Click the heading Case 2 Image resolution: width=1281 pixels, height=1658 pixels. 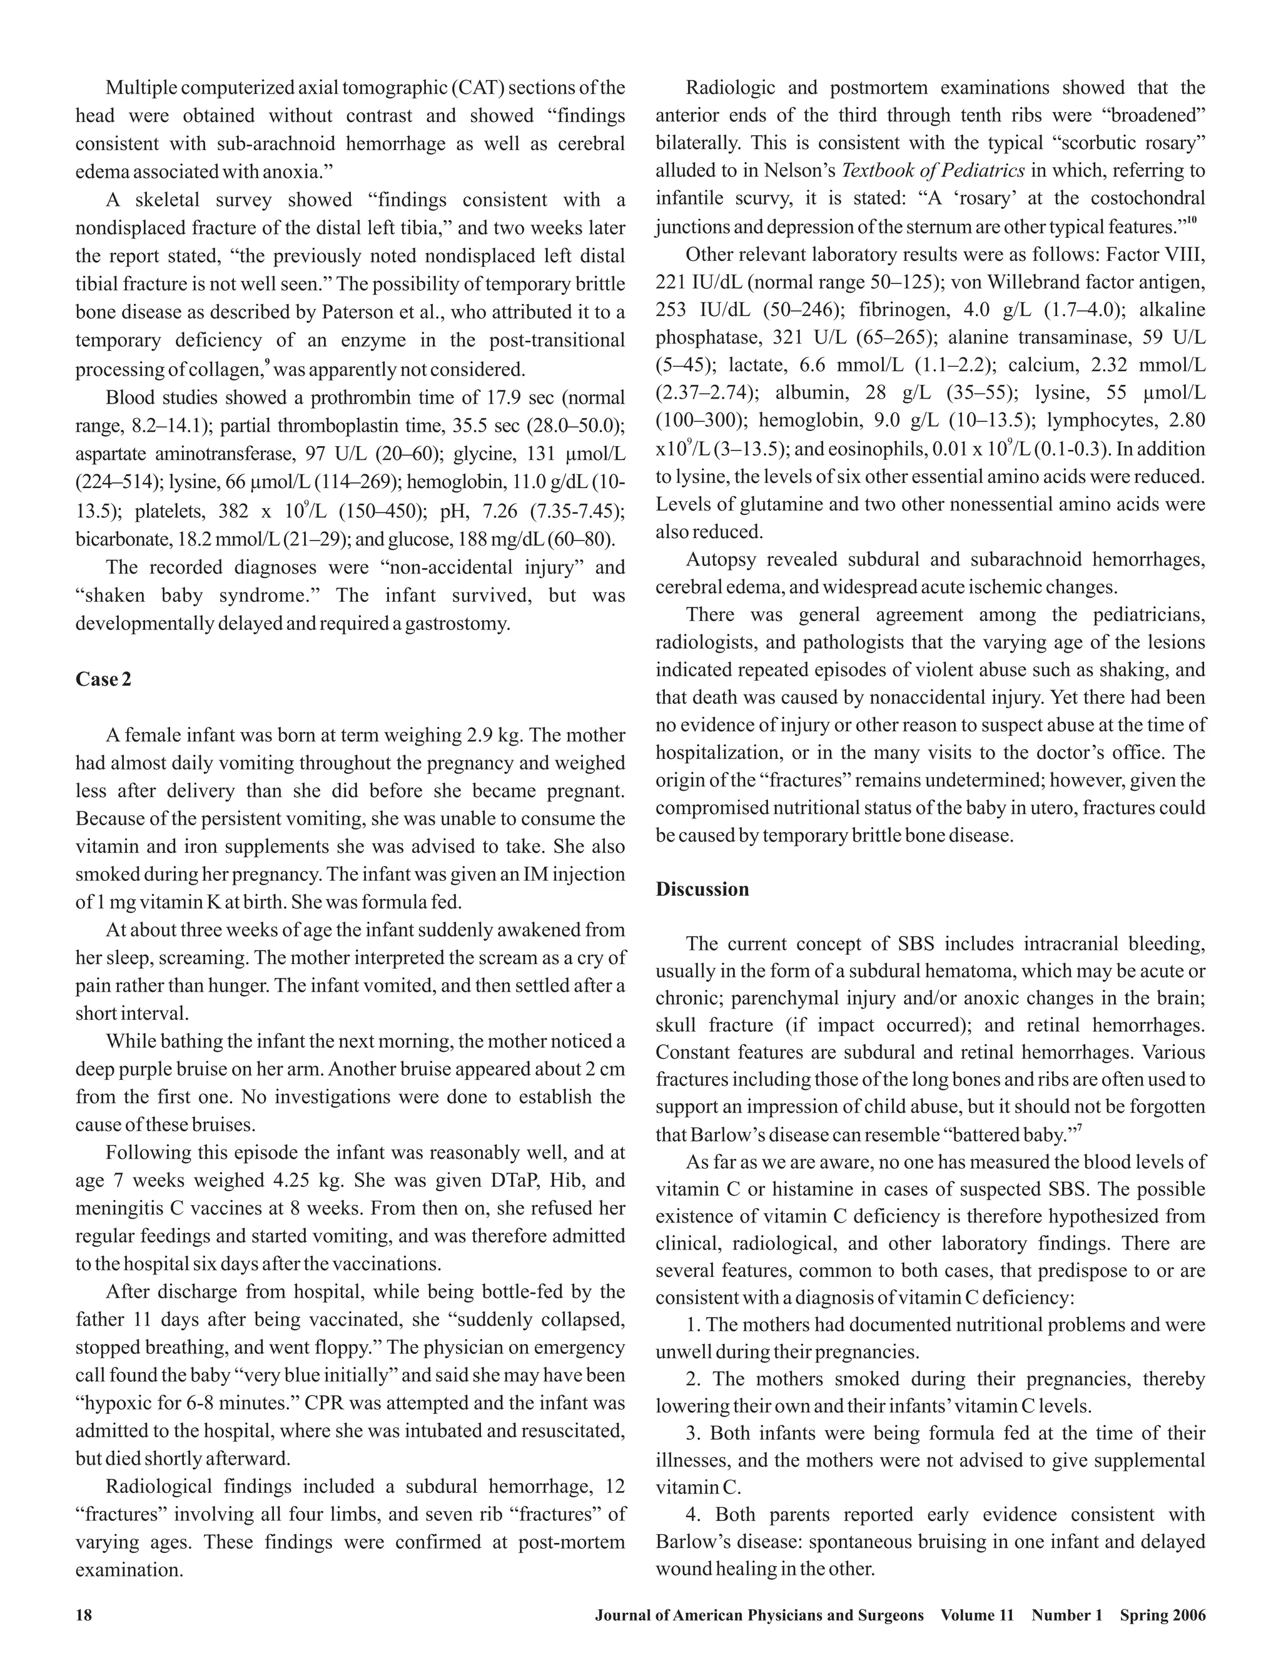tap(103, 679)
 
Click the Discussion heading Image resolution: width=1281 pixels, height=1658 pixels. tap(702, 889)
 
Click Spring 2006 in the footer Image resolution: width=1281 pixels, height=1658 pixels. tap(1163, 1615)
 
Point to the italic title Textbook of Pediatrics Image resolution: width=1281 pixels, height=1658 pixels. tap(933, 170)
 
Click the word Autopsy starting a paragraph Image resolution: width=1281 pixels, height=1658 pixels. tap(721, 559)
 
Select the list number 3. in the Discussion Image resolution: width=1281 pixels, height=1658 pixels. tap(694, 1433)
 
